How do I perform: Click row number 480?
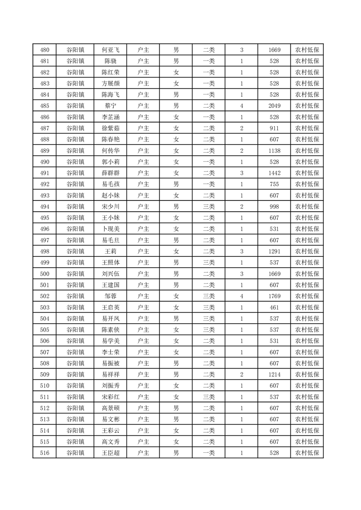45,50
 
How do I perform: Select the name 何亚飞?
111,50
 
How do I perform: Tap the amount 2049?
274,106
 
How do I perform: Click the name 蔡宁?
111,106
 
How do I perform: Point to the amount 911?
274,128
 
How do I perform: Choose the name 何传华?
111,150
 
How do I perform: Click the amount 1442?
274,173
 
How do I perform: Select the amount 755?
274,184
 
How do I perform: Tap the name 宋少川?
111,206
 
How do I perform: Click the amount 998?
274,206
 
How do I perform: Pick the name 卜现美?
111,229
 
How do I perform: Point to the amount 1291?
274,251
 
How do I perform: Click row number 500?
45,274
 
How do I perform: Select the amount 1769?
274,296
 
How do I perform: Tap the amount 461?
274,307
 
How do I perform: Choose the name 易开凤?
111,318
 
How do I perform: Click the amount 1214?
274,374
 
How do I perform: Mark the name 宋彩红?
111,397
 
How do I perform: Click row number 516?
45,453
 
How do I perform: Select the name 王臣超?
111,453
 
